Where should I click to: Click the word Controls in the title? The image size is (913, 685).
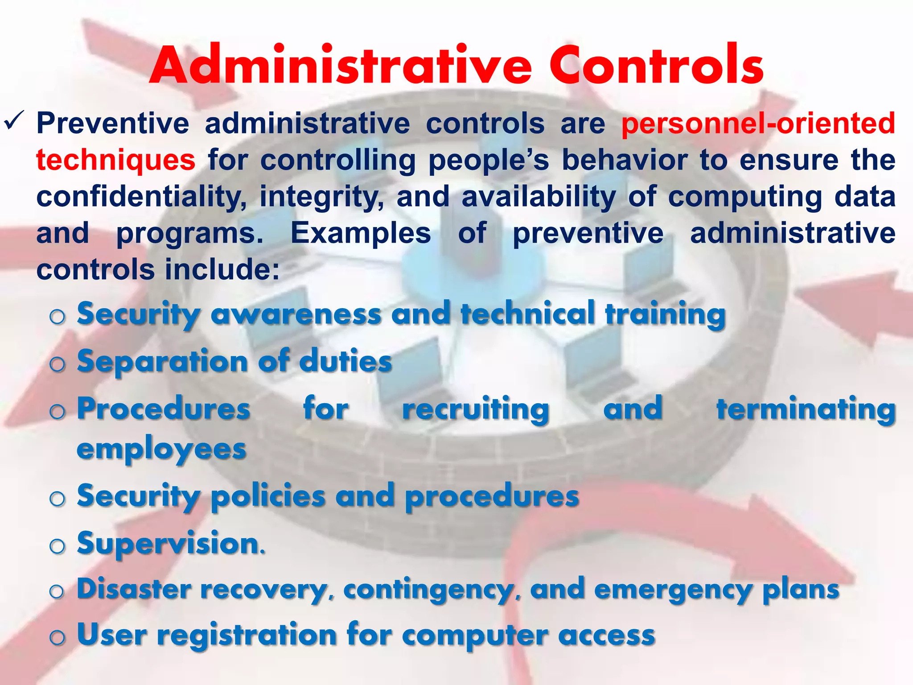tap(656, 66)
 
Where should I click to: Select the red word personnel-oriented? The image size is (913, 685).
tap(758, 124)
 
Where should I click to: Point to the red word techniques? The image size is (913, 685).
tap(115, 160)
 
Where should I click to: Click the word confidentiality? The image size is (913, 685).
tap(141, 197)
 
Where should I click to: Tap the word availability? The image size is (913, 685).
tap(539, 197)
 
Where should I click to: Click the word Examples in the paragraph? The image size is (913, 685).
tap(361, 233)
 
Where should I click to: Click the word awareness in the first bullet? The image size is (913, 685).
tap(296, 314)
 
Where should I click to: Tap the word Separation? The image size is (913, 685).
tap(162, 361)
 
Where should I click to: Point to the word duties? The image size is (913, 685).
tap(345, 361)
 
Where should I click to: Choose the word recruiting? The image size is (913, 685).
tap(476, 409)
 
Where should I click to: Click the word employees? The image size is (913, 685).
tap(161, 450)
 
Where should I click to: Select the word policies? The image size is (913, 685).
tap(268, 496)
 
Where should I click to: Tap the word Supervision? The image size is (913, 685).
tap(171, 544)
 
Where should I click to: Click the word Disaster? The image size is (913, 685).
tap(134, 589)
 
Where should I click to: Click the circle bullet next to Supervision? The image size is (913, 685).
tap(58, 546)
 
